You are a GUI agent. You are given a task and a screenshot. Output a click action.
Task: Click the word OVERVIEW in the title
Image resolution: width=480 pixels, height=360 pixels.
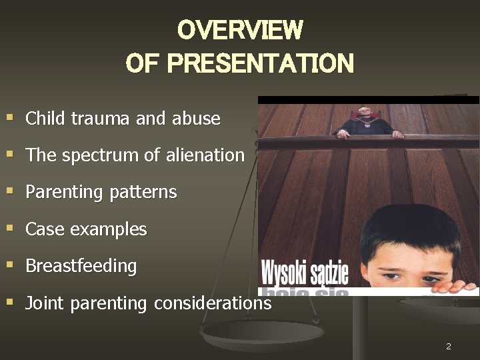coord(240,30)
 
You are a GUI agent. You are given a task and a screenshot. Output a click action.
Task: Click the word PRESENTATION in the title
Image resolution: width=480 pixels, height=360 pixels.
coord(261,64)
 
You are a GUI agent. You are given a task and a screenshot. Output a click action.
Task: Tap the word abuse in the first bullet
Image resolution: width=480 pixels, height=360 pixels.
coord(196,119)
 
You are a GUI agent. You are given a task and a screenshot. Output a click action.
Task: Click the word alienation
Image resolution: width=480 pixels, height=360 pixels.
coord(207,156)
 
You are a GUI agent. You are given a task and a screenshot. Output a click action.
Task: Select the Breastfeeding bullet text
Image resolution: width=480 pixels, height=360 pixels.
coord(81,266)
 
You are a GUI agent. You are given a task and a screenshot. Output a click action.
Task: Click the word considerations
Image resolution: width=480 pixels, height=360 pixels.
coord(212,303)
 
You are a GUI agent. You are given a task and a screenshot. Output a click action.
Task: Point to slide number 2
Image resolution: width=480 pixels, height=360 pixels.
coord(449,347)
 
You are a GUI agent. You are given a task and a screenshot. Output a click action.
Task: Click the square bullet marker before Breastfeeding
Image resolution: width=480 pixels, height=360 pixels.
coord(10,265)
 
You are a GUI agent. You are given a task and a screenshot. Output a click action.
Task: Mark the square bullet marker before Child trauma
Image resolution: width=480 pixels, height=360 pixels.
coord(10,118)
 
